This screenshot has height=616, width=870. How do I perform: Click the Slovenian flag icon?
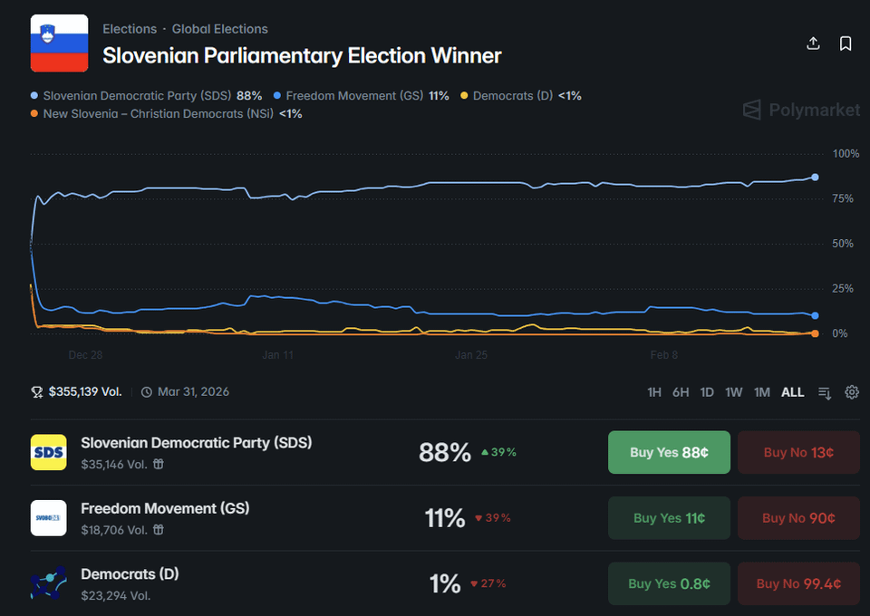[59, 43]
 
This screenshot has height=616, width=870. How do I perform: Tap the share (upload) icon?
[813, 43]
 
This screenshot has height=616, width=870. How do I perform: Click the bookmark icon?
[846, 43]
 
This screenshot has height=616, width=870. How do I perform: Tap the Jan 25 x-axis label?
[471, 355]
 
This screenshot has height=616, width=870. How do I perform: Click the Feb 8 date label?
[664, 355]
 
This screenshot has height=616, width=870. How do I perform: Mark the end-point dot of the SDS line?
[815, 177]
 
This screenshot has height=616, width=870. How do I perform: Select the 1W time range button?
[734, 392]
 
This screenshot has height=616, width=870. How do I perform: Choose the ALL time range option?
[793, 392]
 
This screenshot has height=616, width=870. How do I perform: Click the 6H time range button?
[681, 392]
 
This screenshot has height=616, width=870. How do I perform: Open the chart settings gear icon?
[852, 392]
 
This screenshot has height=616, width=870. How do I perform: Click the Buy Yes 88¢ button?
[669, 452]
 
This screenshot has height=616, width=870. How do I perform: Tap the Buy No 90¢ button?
[798, 518]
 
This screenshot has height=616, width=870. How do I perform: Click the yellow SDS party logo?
[48, 452]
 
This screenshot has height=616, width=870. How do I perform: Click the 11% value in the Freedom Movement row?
[445, 518]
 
